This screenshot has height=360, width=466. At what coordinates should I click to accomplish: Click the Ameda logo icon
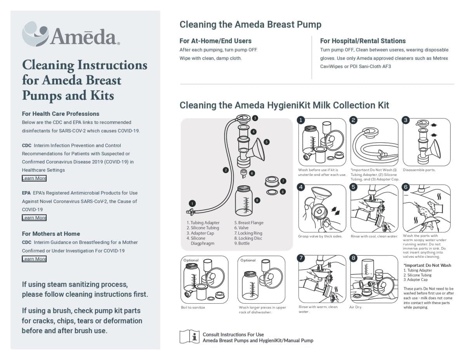click(x=35, y=34)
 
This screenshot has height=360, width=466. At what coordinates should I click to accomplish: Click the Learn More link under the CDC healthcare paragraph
click(x=34, y=178)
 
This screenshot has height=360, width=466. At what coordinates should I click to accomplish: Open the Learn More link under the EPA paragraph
click(x=34, y=218)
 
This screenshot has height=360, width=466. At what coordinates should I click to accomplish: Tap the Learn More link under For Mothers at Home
click(x=34, y=259)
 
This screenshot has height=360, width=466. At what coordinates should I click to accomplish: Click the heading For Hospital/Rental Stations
click(x=363, y=41)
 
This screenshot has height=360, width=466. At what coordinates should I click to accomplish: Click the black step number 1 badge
click(x=301, y=120)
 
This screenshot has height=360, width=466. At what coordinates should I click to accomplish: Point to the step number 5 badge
click(x=353, y=187)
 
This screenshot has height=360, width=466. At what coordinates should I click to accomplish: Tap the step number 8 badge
click(x=353, y=258)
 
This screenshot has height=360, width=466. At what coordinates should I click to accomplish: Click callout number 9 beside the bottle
click(x=257, y=200)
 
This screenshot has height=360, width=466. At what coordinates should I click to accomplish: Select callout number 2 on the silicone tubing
click(x=226, y=170)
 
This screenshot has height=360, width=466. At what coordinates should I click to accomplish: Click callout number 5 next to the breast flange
click(x=266, y=142)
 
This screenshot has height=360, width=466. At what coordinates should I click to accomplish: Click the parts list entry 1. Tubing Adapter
click(x=203, y=223)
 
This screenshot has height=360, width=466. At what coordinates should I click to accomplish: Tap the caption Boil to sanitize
click(x=193, y=307)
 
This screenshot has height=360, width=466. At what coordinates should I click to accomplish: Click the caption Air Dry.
click(x=356, y=307)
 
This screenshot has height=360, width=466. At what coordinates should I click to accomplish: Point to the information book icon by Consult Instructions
click(x=189, y=336)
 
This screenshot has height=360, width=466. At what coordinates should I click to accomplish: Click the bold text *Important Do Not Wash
click(x=427, y=265)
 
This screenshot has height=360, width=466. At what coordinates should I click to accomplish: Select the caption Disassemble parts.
click(x=419, y=170)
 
